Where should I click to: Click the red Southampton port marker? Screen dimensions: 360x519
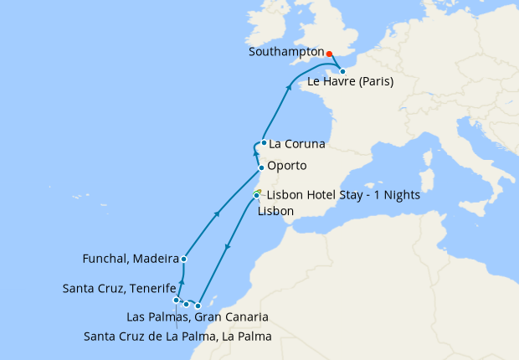pyautogui.click(x=329, y=52)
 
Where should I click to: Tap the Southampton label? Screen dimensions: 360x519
pyautogui.click(x=286, y=52)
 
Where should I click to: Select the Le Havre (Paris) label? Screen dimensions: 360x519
pyautogui.click(x=351, y=82)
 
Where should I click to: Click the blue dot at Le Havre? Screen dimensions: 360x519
pyautogui.click(x=343, y=71)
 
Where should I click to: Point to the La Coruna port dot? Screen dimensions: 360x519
pyautogui.click(x=264, y=142)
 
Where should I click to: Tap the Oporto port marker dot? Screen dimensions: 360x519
pyautogui.click(x=261, y=167)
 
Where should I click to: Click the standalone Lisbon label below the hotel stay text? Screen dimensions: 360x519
pyautogui.click(x=275, y=211)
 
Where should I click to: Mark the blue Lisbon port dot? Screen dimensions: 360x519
pyautogui.click(x=256, y=196)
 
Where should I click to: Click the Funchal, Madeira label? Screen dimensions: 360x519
pyautogui.click(x=131, y=259)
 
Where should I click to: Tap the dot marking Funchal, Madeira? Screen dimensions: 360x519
pyautogui.click(x=183, y=259)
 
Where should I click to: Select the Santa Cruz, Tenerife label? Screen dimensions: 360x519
pyautogui.click(x=120, y=289)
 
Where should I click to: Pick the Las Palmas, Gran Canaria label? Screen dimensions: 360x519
pyautogui.click(x=197, y=317)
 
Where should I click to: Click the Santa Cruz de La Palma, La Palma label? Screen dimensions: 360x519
pyautogui.click(x=178, y=337)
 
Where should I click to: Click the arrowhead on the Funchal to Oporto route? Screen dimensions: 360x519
pyautogui.click(x=218, y=214)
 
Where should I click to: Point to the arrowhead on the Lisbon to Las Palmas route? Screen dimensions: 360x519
pyautogui.click(x=227, y=248)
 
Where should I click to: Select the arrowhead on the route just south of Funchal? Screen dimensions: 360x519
pyautogui.click(x=182, y=282)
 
